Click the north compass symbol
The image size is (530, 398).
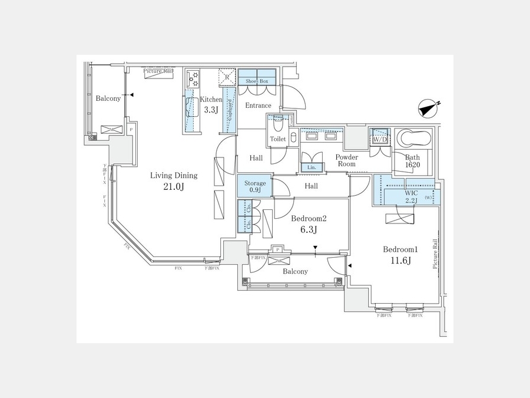[x=429, y=109]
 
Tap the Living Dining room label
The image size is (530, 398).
[x=174, y=175]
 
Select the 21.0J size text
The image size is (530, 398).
[x=174, y=187]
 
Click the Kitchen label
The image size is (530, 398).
[x=211, y=100]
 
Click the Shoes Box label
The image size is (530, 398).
[x=257, y=81]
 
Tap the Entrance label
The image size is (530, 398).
[x=258, y=106]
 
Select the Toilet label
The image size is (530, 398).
[x=277, y=139]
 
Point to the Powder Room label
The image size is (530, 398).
[x=347, y=161]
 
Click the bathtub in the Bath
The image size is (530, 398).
[x=414, y=139]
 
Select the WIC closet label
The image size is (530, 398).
[x=411, y=193]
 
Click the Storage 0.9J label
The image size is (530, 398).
[x=255, y=187]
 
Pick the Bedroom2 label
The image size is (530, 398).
[x=309, y=218]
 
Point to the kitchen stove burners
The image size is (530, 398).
[x=193, y=79]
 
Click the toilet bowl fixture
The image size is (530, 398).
[x=277, y=127]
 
